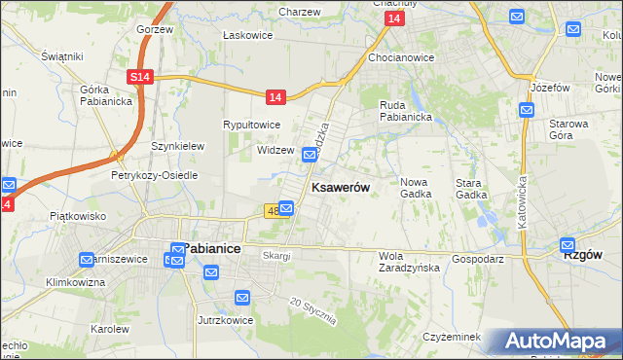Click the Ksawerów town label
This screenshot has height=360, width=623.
340,188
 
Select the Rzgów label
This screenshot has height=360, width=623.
583,253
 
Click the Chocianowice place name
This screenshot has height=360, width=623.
401,57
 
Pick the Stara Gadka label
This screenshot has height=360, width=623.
471,188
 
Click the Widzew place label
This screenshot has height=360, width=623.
275,151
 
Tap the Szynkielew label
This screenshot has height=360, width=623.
177,146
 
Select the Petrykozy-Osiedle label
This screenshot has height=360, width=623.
154,176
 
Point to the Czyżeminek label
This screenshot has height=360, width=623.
453,337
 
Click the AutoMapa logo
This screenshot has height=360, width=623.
556,342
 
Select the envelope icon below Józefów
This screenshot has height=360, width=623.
527,110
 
